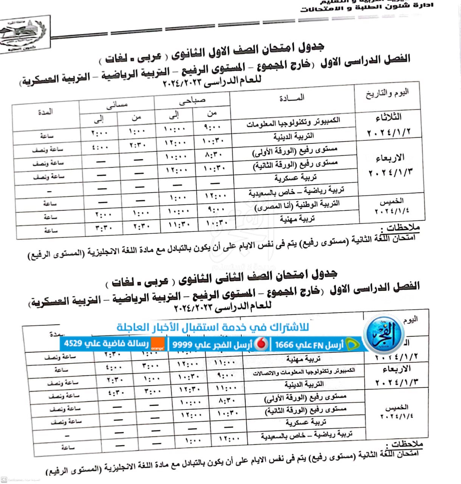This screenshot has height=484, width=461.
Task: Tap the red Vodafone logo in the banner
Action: click(x=261, y=344)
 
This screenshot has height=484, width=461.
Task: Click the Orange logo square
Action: click(x=158, y=344)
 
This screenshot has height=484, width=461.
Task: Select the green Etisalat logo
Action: click(x=353, y=344)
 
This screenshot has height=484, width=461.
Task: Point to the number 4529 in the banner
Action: click(x=73, y=344)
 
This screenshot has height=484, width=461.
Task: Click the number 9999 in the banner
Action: click(x=183, y=344)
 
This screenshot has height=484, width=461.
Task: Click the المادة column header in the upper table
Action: click(x=292, y=98)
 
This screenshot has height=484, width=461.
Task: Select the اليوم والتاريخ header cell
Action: click(x=387, y=93)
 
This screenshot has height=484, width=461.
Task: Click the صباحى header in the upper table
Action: click(x=192, y=101)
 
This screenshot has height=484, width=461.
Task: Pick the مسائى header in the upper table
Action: click(x=117, y=105)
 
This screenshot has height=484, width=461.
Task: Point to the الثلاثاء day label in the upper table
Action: click(x=388, y=118)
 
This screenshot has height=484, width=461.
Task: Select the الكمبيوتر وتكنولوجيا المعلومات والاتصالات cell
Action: click(x=304, y=372)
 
